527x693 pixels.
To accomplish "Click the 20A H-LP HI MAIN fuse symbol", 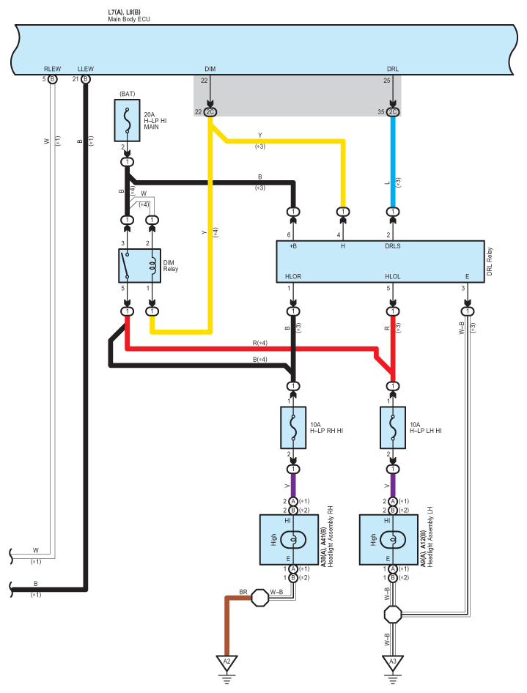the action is click(x=128, y=120).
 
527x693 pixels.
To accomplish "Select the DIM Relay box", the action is click(x=139, y=266).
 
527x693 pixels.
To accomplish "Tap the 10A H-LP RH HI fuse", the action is click(x=293, y=428).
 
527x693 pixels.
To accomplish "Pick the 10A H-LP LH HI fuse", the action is click(x=393, y=428).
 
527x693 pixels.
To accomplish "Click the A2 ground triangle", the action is click(x=226, y=662).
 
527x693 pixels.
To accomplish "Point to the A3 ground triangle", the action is click(x=393, y=662).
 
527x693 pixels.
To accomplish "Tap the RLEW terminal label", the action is click(x=52, y=69).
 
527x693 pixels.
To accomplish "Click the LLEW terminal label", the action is click(x=86, y=69).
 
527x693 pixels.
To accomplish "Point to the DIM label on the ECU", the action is click(x=210, y=69).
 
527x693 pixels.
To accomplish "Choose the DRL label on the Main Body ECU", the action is click(x=393, y=69).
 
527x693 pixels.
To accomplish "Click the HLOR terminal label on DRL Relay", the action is click(x=293, y=277).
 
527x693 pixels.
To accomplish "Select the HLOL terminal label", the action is click(x=393, y=277).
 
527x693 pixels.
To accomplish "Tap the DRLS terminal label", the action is click(x=393, y=246).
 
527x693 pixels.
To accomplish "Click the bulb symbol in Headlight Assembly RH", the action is click(x=293, y=540).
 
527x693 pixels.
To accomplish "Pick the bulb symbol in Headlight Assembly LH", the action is click(x=393, y=540).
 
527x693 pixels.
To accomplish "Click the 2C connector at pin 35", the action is click(x=393, y=112).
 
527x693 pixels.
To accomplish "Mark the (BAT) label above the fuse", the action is click(x=128, y=94).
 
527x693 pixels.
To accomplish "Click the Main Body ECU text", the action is click(x=129, y=19).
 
